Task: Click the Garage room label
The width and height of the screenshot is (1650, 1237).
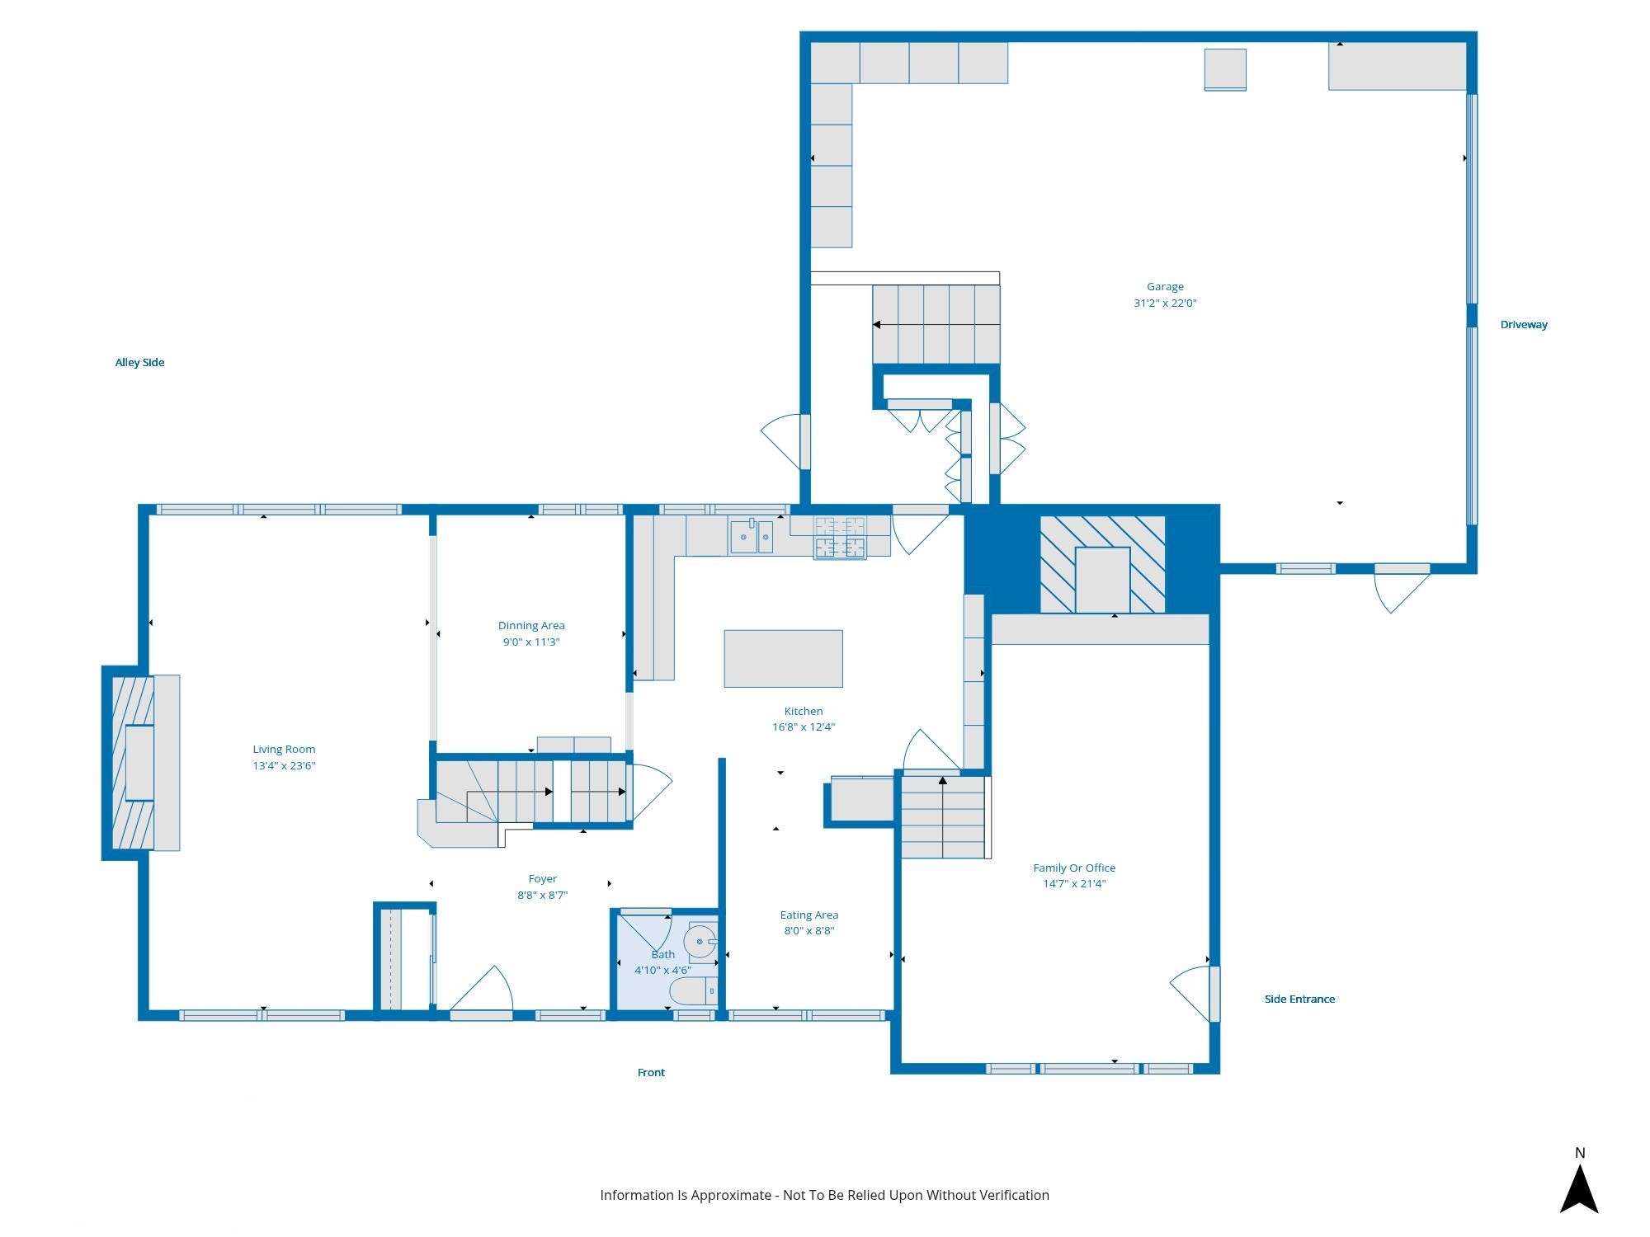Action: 1165,287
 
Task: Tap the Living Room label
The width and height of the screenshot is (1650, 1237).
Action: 284,750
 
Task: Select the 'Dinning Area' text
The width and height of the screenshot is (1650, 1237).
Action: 531,626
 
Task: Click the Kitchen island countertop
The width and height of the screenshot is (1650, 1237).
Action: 783,659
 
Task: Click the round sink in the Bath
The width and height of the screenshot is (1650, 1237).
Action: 700,941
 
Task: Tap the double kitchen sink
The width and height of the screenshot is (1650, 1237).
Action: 752,536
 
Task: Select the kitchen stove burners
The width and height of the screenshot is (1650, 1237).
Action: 840,537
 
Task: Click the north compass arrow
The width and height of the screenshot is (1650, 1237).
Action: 1579,1188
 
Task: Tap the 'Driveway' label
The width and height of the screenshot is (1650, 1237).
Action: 1524,325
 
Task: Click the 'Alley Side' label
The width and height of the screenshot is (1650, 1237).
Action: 139,363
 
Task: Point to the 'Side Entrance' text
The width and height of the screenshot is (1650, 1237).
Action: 1299,999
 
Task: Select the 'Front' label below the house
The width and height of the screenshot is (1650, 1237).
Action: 651,1073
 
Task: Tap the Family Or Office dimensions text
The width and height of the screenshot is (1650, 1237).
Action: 1074,884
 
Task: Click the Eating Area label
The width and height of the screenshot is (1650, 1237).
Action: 809,915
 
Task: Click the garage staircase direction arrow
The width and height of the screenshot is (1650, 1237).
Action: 936,325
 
